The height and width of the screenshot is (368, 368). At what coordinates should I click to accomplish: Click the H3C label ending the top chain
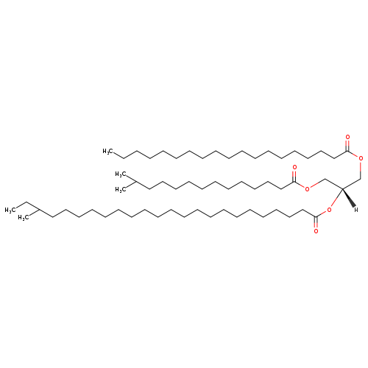pos(107,151)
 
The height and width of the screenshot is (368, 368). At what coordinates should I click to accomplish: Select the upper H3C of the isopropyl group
pos(121,174)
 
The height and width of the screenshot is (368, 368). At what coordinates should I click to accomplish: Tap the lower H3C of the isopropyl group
pos(121,190)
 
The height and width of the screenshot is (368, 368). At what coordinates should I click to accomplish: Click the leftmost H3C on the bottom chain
pos(10,210)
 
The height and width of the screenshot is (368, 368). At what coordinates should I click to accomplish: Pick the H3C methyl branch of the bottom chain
pos(24,218)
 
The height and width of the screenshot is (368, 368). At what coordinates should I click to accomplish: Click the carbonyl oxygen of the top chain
pos(347,137)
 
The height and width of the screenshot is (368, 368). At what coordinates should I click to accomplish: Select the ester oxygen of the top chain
pos(361,158)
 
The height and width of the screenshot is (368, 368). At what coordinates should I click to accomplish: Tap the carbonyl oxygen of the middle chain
pos(294,168)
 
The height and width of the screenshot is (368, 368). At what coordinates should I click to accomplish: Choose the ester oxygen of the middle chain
pos(307,189)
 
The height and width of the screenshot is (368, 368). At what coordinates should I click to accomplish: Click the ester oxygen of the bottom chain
pos(329,210)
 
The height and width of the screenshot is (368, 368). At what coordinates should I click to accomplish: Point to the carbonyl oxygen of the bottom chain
pos(316,231)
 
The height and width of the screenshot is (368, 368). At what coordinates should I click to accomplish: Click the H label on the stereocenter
pos(356,210)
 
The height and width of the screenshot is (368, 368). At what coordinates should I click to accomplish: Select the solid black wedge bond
pos(348,197)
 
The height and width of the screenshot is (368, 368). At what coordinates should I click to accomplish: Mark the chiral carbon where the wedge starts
pos(342,188)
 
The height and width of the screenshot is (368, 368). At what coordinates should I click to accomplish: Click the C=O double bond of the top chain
pos(347,146)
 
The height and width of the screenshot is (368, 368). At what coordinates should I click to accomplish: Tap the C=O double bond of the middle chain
pos(294,177)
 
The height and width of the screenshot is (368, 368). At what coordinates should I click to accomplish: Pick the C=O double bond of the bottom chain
pos(316,222)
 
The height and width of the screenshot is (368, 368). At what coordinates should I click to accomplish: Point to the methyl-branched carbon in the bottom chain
pos(39,210)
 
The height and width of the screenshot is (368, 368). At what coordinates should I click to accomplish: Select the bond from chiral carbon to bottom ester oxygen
pos(336,198)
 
